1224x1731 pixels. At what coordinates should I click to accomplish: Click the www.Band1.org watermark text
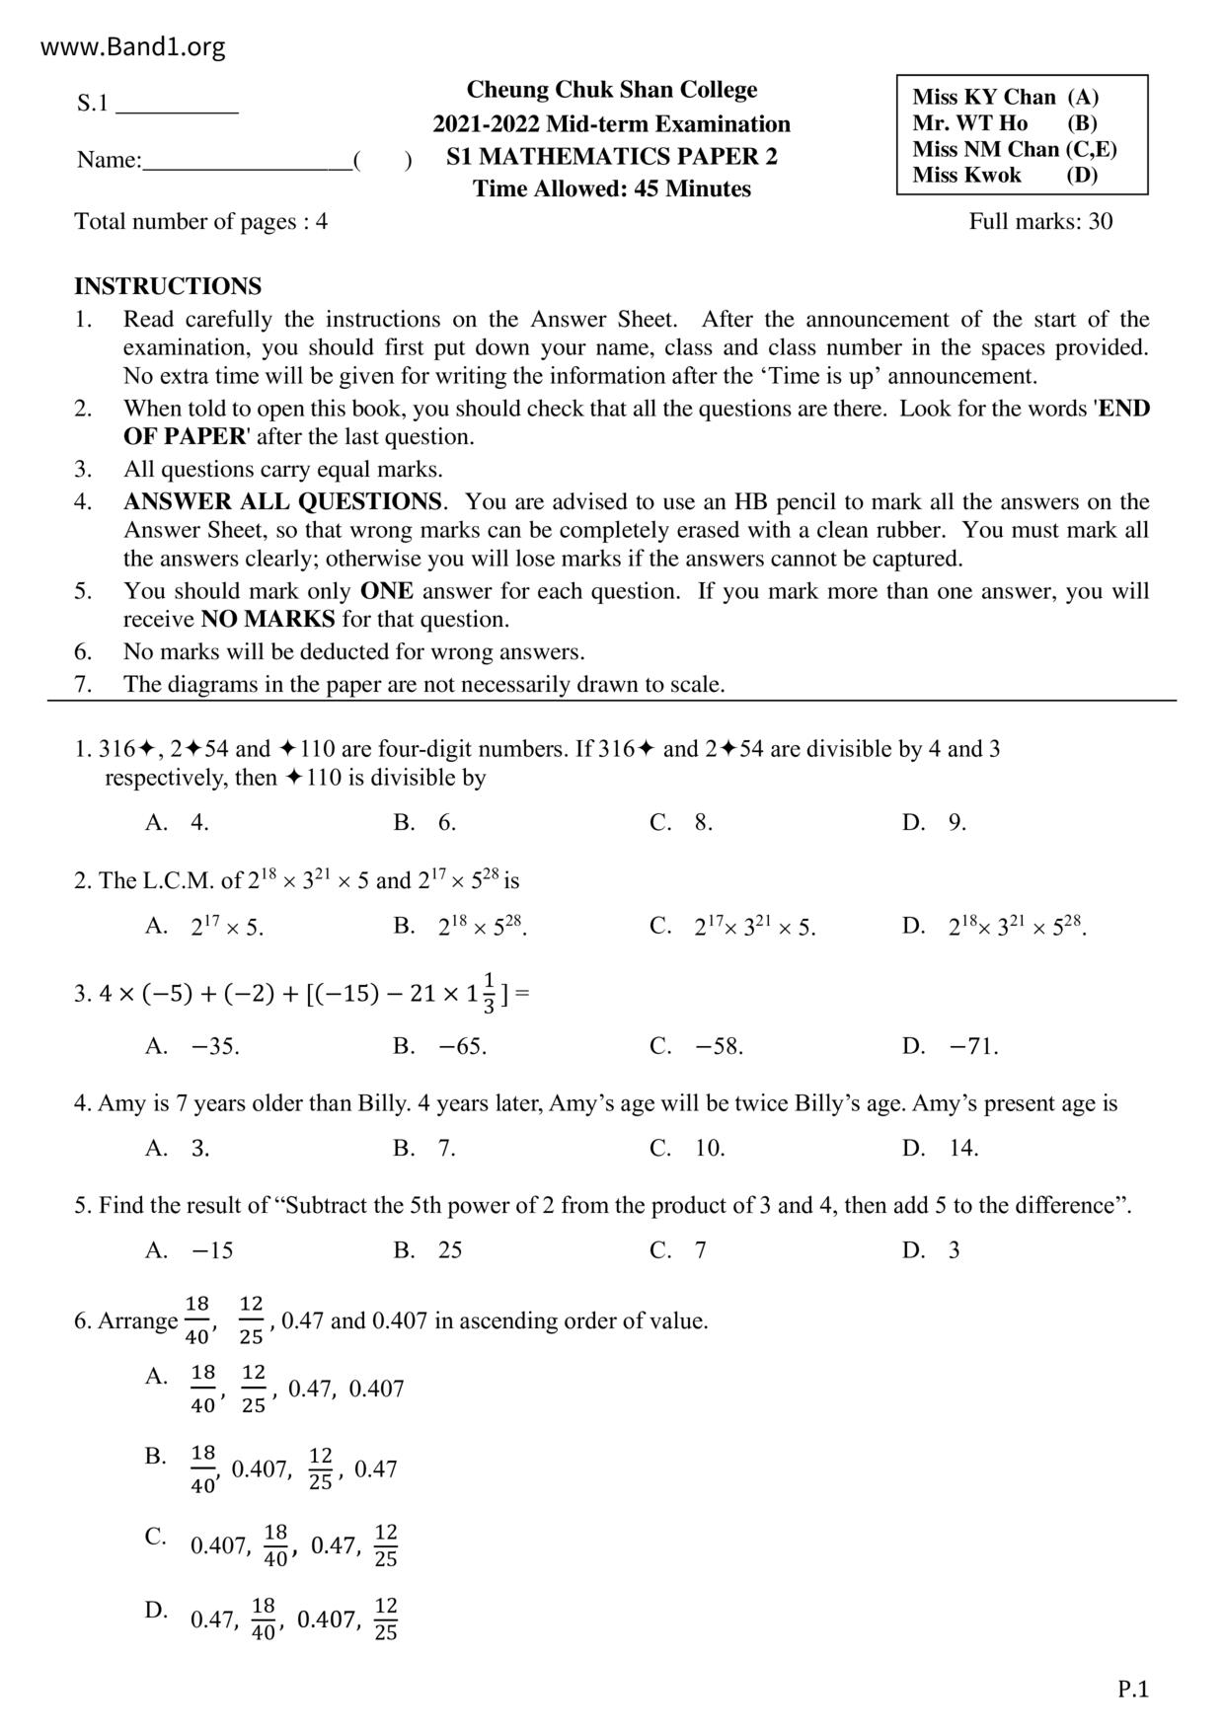[x=133, y=46]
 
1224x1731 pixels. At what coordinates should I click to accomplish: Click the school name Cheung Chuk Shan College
[x=611, y=90]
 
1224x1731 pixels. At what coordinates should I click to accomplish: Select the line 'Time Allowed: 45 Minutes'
[x=611, y=188]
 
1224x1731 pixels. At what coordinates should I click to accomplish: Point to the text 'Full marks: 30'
[x=1040, y=221]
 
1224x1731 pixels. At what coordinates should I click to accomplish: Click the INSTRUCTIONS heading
[x=168, y=286]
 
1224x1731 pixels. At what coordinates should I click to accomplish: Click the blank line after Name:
[x=247, y=161]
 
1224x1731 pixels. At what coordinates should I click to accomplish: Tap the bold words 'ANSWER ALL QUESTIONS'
[x=283, y=501]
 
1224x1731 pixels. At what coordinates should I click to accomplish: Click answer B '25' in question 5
[x=450, y=1250]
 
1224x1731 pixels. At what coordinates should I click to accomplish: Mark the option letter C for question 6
[x=155, y=1536]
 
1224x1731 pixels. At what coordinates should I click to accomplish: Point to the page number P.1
[x=1133, y=1690]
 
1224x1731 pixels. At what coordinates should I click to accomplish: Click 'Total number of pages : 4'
[x=201, y=221]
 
